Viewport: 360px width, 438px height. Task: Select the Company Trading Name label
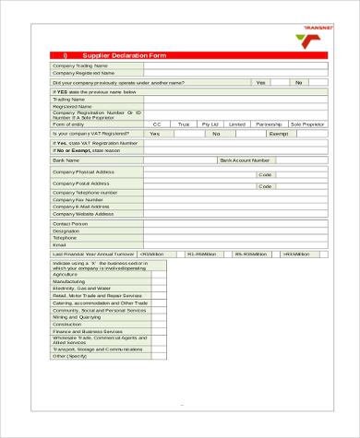80,66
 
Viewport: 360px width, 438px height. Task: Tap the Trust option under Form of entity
184,124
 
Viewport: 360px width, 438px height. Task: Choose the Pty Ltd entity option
210,124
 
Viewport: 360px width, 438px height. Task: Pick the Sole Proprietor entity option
307,124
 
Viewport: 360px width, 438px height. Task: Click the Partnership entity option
269,124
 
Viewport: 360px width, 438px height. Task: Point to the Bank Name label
67,160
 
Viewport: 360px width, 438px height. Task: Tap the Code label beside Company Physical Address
265,174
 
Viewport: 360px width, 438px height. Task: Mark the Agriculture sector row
66,275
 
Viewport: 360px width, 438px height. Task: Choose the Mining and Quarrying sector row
78,316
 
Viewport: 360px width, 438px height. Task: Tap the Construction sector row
67,324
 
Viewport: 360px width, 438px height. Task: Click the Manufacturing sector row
69,281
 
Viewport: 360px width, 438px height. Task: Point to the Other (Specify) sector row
70,355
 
